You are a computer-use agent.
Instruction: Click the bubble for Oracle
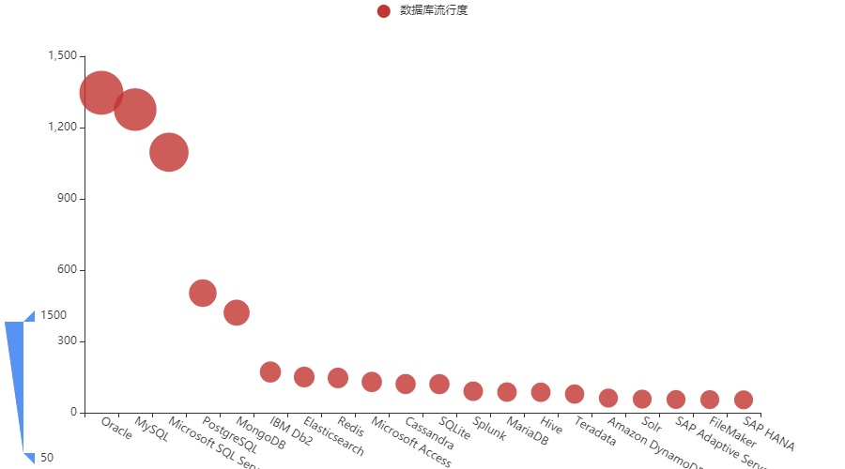pyautogui.click(x=101, y=93)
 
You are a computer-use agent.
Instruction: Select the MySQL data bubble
pyautogui.click(x=135, y=110)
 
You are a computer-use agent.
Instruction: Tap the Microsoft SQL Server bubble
pyautogui.click(x=169, y=152)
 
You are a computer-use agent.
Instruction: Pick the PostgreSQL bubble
pyautogui.click(x=203, y=293)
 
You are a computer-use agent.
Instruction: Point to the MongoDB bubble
pyautogui.click(x=237, y=312)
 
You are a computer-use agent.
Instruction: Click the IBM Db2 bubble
pyautogui.click(x=270, y=371)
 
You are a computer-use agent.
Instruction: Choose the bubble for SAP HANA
pyautogui.click(x=744, y=401)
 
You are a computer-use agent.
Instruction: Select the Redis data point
pyautogui.click(x=338, y=377)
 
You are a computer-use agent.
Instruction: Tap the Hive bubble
pyautogui.click(x=541, y=392)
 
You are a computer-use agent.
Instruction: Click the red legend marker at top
pyautogui.click(x=383, y=11)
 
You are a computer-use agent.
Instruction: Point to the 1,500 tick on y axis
pyautogui.click(x=62, y=56)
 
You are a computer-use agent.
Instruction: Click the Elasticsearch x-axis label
pyautogui.click(x=333, y=437)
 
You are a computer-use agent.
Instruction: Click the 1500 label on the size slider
pyautogui.click(x=54, y=315)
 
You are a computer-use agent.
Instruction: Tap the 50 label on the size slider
pyautogui.click(x=47, y=458)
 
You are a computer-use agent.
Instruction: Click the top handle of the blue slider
pyautogui.click(x=29, y=316)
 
